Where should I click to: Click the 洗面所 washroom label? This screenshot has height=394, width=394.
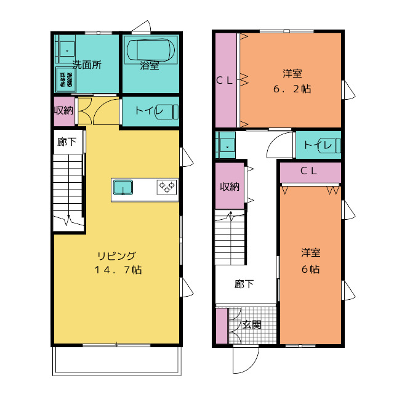[87, 65]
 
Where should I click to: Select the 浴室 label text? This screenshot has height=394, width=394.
[150, 65]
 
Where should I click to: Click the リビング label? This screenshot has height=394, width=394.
[116, 256]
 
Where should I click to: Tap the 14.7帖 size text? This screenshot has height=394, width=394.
[118, 270]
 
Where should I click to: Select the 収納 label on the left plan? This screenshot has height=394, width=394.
[63, 111]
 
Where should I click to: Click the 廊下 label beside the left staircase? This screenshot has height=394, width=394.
[66, 142]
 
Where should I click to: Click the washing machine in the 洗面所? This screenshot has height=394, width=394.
[65, 78]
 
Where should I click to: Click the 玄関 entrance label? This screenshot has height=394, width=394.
[251, 324]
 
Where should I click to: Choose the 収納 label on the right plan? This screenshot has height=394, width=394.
[230, 187]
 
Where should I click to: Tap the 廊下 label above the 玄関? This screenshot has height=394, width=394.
[244, 284]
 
